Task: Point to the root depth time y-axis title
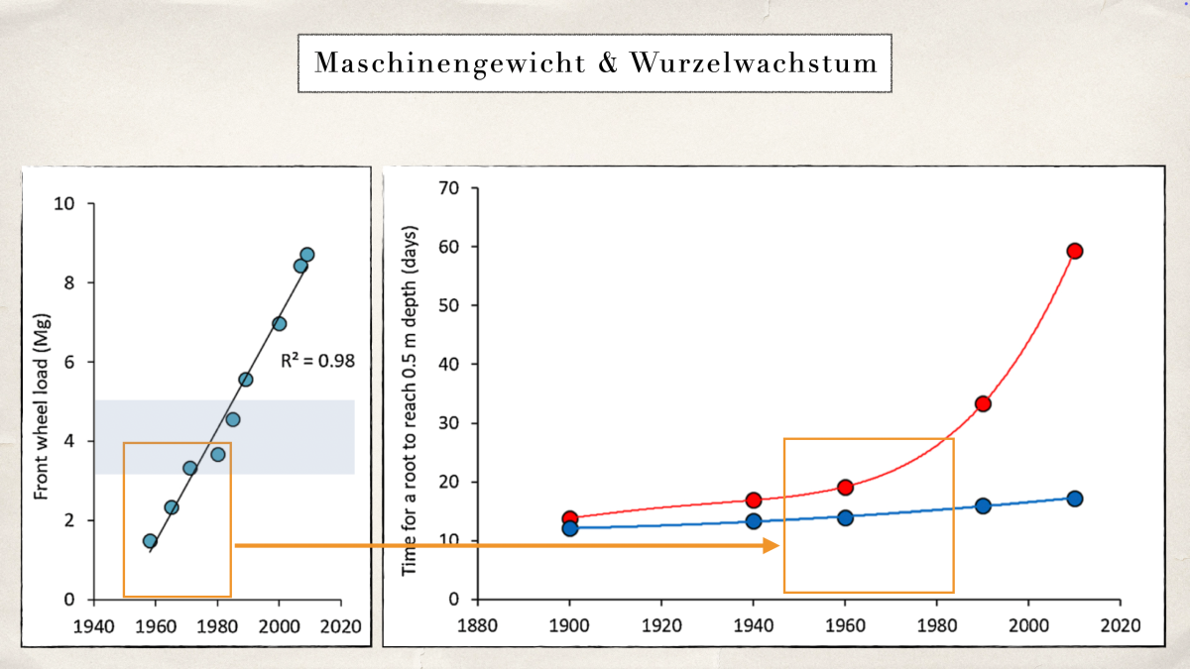tap(408, 401)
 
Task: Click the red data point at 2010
tap(1074, 251)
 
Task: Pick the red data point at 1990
tap(983, 403)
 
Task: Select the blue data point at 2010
tap(1074, 499)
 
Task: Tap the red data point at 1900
tap(569, 518)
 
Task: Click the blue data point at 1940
tap(753, 521)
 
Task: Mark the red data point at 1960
tap(845, 487)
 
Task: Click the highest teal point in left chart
tap(306, 255)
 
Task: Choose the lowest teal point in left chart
tap(150, 541)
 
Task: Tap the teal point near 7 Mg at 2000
tap(279, 324)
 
